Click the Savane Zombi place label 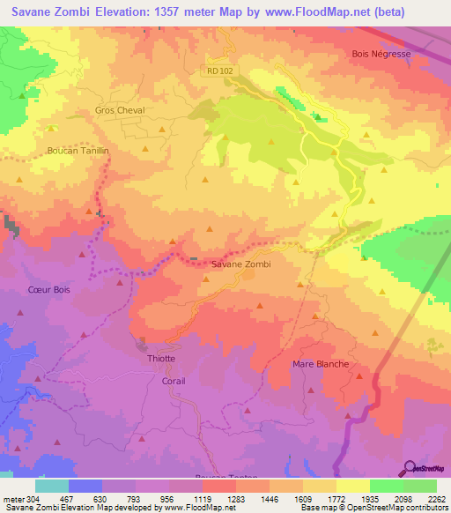click(x=240, y=264)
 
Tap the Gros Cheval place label click(x=119, y=110)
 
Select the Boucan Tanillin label click(x=78, y=151)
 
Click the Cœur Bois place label click(x=48, y=288)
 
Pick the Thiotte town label click(x=160, y=358)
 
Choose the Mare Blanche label click(x=320, y=364)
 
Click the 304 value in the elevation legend click(x=32, y=499)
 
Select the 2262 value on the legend click(x=437, y=499)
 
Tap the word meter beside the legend click(x=11, y=499)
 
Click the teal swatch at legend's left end click(x=51, y=486)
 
